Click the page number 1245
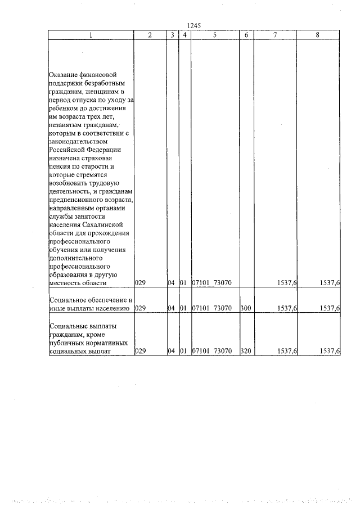tap(193, 26)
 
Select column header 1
tap(91, 35)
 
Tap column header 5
tap(215, 35)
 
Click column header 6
tap(246, 35)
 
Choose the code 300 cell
tap(246, 308)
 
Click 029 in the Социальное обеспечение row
tap(141, 308)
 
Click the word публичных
tap(71, 343)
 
